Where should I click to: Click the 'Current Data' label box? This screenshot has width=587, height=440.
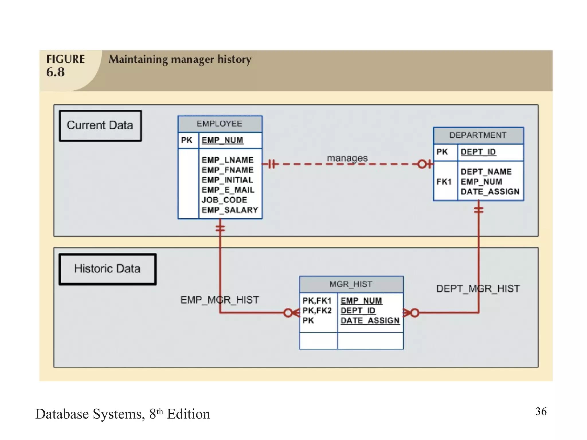100,126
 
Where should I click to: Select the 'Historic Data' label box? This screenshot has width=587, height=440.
107,269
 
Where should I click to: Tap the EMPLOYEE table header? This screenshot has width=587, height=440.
220,124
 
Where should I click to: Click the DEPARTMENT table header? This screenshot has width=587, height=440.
478,135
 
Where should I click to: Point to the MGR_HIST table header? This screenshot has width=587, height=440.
351,284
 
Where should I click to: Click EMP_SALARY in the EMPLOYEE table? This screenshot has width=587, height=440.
230,210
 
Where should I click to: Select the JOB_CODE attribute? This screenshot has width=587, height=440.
224,200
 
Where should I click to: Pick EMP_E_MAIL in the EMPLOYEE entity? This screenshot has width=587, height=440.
228,190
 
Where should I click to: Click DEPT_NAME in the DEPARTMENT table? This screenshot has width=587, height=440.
486,172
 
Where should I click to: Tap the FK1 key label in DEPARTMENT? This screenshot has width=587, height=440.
444,182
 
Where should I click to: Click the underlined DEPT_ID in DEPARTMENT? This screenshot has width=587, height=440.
478,152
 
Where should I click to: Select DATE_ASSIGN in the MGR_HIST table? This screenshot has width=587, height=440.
370,321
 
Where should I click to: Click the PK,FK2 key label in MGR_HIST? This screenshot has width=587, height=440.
317,311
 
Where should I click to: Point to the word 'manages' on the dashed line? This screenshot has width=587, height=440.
347,158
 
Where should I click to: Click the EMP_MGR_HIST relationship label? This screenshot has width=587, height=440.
220,300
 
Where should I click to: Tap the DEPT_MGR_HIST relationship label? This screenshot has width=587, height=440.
478,288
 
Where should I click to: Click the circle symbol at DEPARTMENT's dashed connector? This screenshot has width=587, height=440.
422,164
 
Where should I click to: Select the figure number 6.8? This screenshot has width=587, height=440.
56,72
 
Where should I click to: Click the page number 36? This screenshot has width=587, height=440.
541,411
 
